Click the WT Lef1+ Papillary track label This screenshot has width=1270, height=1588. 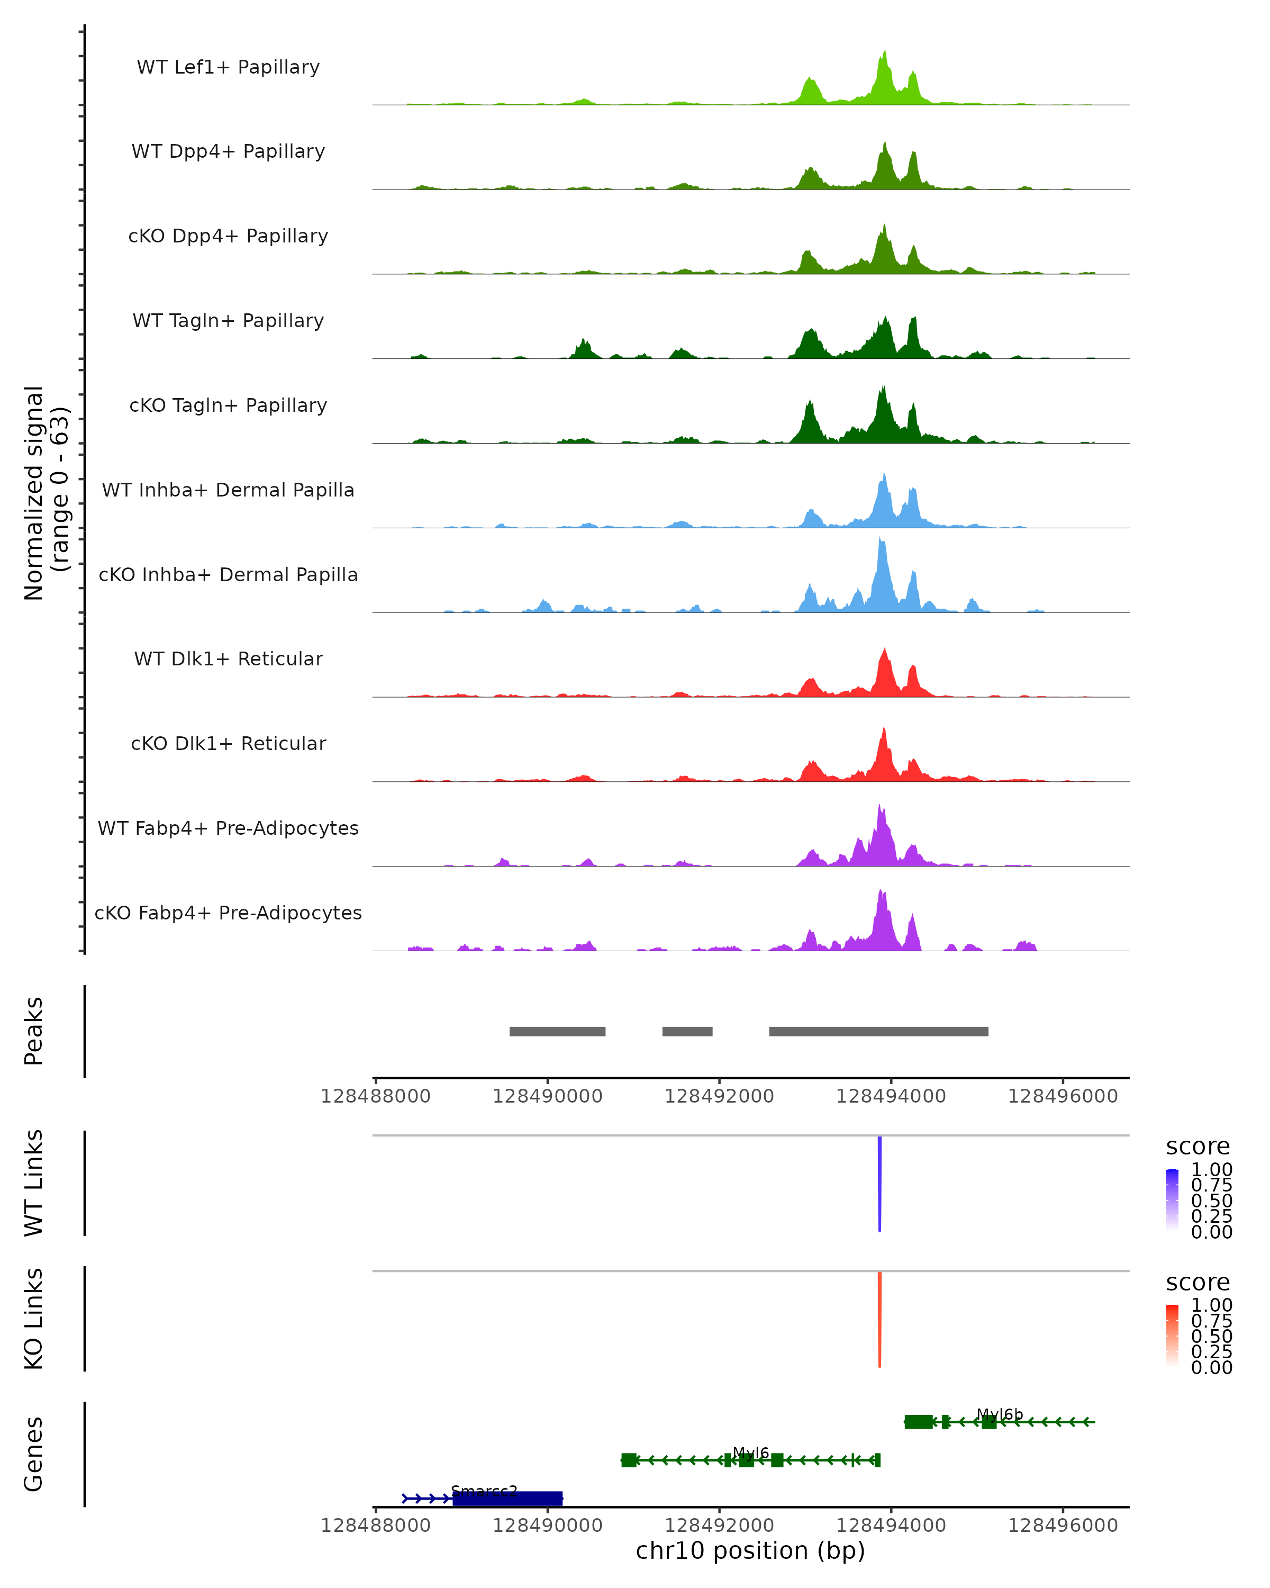point(228,67)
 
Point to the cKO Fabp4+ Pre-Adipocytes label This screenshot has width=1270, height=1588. point(228,913)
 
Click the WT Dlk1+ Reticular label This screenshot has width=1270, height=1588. point(228,658)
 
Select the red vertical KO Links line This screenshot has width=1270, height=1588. point(879,1319)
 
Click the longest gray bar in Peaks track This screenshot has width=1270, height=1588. point(878,1031)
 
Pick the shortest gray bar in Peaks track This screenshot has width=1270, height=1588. point(687,1031)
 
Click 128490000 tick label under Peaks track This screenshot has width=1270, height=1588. point(547,1097)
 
